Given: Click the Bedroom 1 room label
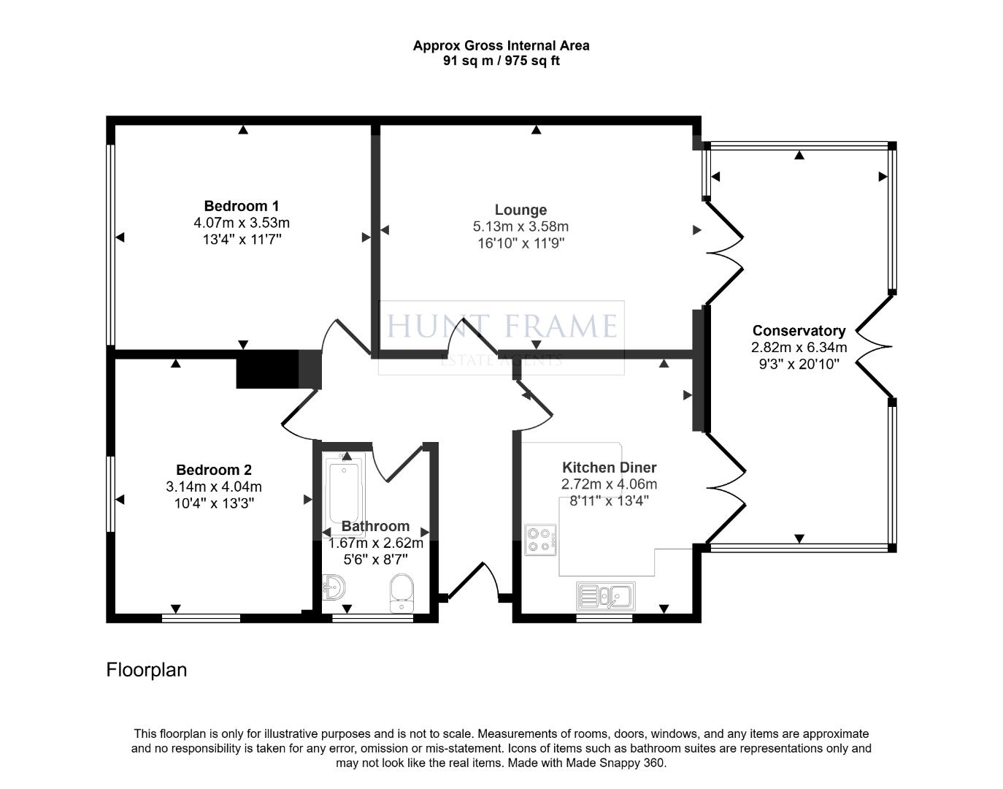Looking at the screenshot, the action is point(242,206).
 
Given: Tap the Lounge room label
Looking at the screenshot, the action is point(520,210).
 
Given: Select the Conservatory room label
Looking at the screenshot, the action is point(799,331).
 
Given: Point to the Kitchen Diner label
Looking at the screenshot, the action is point(610,468).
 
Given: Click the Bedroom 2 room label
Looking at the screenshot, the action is point(214,470).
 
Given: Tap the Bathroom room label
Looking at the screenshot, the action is point(375,526).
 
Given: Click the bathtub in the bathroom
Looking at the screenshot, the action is point(345,495).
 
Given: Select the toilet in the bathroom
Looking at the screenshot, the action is point(401,593).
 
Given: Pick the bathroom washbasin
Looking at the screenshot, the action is point(334,587).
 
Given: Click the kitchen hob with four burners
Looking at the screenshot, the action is point(540,540).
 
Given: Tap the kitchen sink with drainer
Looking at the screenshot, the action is point(606,596).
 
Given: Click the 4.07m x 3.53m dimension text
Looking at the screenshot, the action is point(242,223).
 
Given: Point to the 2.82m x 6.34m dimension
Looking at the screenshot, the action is point(799,348).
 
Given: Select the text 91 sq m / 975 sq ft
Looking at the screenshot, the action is point(502,61).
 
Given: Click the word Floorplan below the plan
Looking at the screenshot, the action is point(147,670).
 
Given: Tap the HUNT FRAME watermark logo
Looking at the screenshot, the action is point(502,338).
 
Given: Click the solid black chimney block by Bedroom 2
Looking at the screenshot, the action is point(268,369).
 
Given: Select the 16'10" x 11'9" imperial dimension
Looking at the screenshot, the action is point(520,243).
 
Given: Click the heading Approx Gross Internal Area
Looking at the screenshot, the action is point(502,46).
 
